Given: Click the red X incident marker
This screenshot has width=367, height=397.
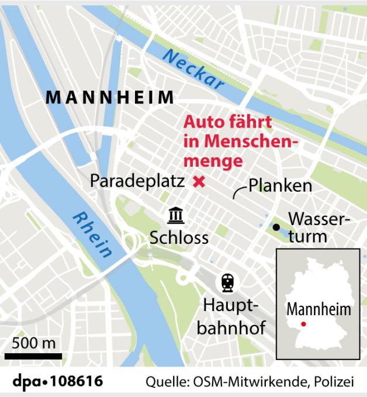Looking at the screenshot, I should tap(199, 182).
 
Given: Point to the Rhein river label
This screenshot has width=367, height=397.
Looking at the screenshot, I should tap(92, 234).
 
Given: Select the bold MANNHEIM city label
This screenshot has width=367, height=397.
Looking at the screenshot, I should tap(110, 97).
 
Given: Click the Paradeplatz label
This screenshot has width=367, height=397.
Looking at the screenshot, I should tap(137, 181).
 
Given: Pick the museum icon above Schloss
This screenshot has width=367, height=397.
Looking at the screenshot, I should tap(175, 215).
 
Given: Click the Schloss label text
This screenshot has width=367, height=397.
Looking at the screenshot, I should tap(179, 238).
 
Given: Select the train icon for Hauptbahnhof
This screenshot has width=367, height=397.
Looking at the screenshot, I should tap(227, 284).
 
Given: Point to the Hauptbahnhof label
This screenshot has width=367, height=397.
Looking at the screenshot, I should tap(231, 316).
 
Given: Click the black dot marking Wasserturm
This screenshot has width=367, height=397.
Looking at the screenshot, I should tap(275, 227).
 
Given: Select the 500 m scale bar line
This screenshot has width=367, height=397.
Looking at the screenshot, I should tap(33, 355).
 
